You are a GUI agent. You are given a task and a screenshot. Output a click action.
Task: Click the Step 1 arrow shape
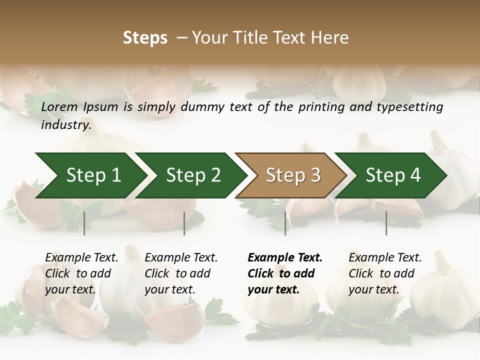click(92, 175)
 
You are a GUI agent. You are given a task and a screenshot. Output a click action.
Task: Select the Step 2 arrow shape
click(192, 175)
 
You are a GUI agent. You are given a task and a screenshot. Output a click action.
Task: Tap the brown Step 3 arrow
click(292, 175)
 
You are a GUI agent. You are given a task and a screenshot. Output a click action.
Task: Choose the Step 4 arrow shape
click(392, 175)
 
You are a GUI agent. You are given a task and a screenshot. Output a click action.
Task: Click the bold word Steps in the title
click(145, 38)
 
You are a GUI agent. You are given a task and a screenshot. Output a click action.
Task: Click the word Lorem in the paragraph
click(59, 107)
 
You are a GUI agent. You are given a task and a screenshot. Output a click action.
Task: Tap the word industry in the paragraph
click(65, 124)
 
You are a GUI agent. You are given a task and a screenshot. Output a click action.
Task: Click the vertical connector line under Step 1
click(84, 223)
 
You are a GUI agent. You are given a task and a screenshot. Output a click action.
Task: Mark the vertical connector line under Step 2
click(184, 223)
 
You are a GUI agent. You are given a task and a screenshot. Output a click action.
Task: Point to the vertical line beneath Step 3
click(285, 223)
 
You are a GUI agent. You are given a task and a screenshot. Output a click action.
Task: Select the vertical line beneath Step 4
click(386, 223)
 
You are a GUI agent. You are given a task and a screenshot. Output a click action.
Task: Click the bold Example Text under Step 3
click(285, 258)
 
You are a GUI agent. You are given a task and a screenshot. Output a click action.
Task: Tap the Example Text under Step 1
click(81, 258)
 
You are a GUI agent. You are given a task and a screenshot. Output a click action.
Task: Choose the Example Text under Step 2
click(181, 258)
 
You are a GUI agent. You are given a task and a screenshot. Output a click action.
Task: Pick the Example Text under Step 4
click(385, 258)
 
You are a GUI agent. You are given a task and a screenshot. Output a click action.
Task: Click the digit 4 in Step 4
click(414, 175)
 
